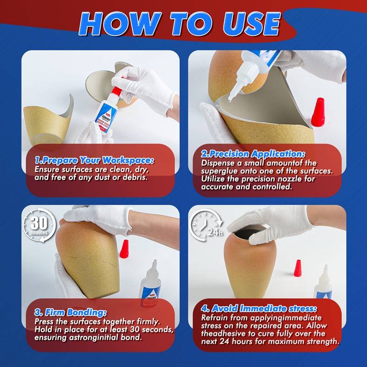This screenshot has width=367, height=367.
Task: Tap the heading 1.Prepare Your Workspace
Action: (94, 160)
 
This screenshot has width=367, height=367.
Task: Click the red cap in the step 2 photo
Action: (318, 113)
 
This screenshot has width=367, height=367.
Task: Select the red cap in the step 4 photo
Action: (299, 268)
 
